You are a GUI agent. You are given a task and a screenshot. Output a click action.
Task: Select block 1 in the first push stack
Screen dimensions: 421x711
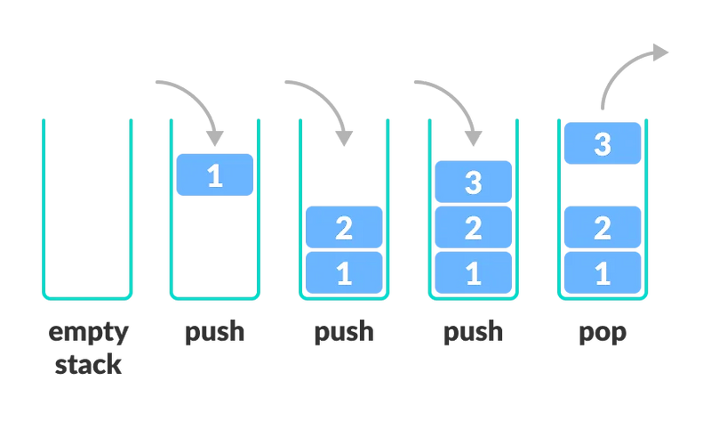(x=215, y=174)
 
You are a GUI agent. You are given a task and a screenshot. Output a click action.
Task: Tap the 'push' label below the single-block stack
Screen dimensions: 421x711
(x=215, y=334)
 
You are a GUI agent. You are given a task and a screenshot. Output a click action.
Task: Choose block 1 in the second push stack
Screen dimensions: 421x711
(x=344, y=271)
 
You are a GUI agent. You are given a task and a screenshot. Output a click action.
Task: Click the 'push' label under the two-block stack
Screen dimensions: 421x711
(x=344, y=334)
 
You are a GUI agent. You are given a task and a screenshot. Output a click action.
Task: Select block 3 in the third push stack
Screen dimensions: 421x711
(x=473, y=182)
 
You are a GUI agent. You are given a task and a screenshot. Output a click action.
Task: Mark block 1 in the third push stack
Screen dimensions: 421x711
(x=473, y=271)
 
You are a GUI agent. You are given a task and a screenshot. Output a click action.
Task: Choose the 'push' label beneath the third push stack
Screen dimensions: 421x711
(x=473, y=334)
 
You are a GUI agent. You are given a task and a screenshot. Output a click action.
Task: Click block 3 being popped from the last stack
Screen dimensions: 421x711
(x=603, y=143)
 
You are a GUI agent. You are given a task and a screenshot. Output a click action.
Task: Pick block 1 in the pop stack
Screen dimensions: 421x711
(x=603, y=271)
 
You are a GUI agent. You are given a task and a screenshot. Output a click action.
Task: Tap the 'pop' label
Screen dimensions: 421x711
(x=603, y=336)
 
